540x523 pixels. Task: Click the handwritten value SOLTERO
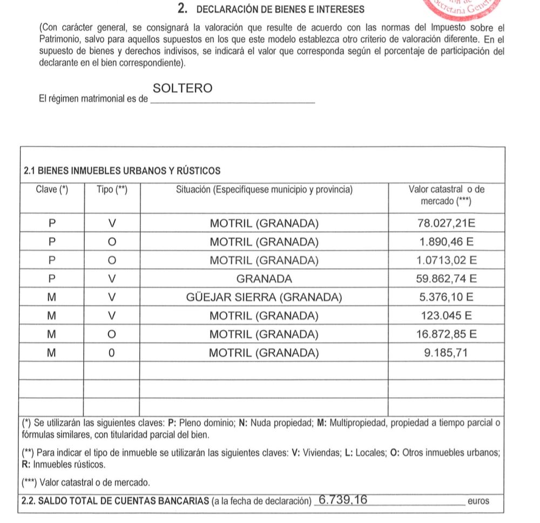tap(183, 89)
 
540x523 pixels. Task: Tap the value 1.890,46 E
tap(447, 241)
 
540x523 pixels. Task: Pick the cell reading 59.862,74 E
tap(447, 279)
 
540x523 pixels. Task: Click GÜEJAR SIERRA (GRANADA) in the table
tap(264, 297)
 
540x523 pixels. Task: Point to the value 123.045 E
tap(447, 316)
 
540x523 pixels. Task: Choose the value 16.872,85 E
tap(447, 334)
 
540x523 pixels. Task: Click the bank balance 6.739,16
tap(343, 500)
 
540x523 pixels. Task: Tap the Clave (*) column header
tap(52, 189)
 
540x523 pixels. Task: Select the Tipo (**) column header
tap(112, 189)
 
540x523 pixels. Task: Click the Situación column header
tap(264, 189)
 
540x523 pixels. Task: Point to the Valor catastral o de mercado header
tap(447, 195)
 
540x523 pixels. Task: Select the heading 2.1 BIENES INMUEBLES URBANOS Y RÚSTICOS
tap(122, 171)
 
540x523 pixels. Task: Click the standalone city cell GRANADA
tap(264, 279)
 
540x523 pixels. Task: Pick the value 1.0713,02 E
tap(447, 260)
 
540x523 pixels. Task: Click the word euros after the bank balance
tap(478, 501)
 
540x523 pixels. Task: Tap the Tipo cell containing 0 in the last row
tap(112, 353)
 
